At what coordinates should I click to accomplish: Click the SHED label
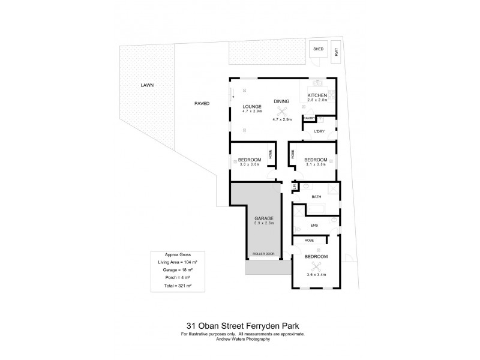(x=318, y=49)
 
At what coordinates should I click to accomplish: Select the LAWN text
(x=147, y=85)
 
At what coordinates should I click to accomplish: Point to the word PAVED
(x=202, y=103)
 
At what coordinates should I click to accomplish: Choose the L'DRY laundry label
(x=319, y=131)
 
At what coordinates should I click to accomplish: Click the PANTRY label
(x=309, y=118)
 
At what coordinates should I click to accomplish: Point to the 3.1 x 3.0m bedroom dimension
(x=314, y=164)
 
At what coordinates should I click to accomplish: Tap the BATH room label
(x=316, y=196)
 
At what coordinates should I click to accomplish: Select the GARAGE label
(x=264, y=218)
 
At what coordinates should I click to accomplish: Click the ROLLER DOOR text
(x=264, y=254)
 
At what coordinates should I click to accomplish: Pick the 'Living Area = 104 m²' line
(x=177, y=262)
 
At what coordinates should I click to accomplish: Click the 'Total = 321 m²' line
(x=177, y=286)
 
